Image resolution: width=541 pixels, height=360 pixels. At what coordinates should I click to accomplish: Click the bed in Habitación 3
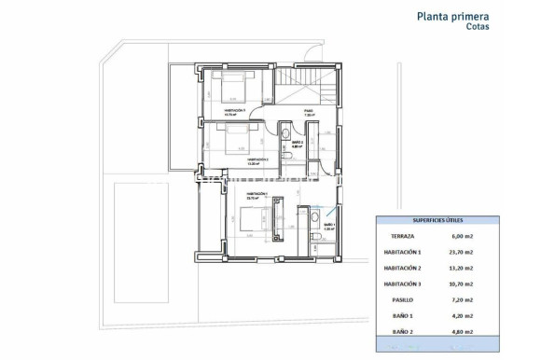click(x=230, y=89)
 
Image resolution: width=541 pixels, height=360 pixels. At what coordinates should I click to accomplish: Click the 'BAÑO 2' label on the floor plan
click(x=294, y=143)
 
